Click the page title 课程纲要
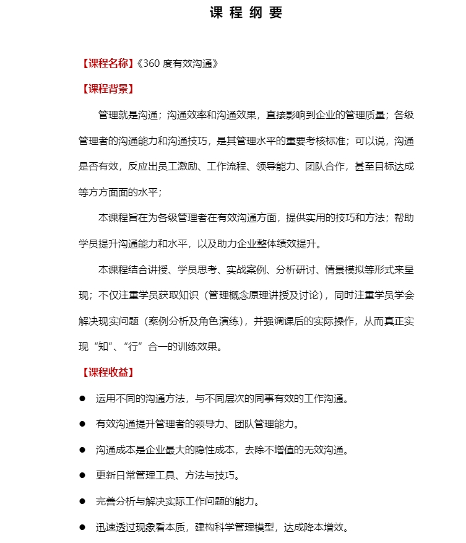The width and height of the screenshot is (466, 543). pyautogui.click(x=246, y=13)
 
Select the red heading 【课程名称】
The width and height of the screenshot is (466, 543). pyautogui.click(x=106, y=63)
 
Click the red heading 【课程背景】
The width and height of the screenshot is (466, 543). pyautogui.click(x=106, y=89)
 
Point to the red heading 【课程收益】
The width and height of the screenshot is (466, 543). pyautogui.click(x=106, y=372)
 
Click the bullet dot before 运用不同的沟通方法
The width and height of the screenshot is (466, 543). pyautogui.click(x=82, y=398)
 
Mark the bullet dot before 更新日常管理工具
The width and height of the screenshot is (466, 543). pyautogui.click(x=82, y=476)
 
